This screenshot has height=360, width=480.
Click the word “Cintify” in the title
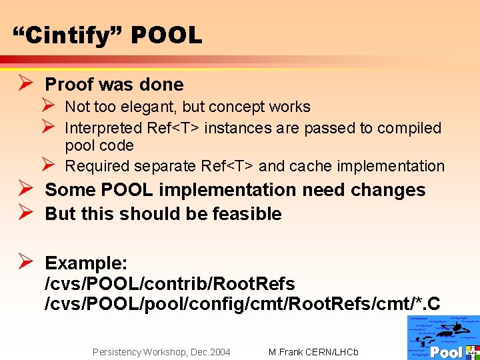pos(67,35)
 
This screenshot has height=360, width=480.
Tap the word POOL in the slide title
pos(166,35)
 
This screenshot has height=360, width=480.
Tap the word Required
pos(97,166)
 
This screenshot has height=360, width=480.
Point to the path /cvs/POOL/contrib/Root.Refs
pos(170,283)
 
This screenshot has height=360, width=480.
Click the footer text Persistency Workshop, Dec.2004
pos(161,351)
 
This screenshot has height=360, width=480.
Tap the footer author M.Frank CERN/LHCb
pos(313,351)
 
